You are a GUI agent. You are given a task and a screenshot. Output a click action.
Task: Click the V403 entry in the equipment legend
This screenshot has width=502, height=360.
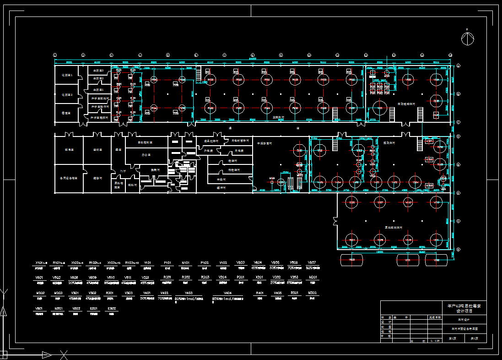coord(189,293)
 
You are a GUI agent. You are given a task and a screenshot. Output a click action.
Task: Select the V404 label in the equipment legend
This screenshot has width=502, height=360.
coord(227,293)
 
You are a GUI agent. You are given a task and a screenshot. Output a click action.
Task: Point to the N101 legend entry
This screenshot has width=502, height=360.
coord(186,263)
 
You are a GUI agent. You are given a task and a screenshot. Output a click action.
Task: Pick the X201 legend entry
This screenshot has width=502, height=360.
coord(259,278)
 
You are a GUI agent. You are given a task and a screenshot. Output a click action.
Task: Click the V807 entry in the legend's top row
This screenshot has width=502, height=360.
coord(311,263)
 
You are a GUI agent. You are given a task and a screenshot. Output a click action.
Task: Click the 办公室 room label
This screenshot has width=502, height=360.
coord(146,156)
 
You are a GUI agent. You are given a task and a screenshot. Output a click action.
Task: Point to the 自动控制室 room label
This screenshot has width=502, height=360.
coord(146,142)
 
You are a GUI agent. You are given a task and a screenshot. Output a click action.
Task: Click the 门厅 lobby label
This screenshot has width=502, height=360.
coord(123,171)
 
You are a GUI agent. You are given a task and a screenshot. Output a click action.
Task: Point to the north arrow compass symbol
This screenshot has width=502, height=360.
coord(467,39)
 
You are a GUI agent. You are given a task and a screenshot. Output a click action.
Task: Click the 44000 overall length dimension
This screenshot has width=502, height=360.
coord(253,58)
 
